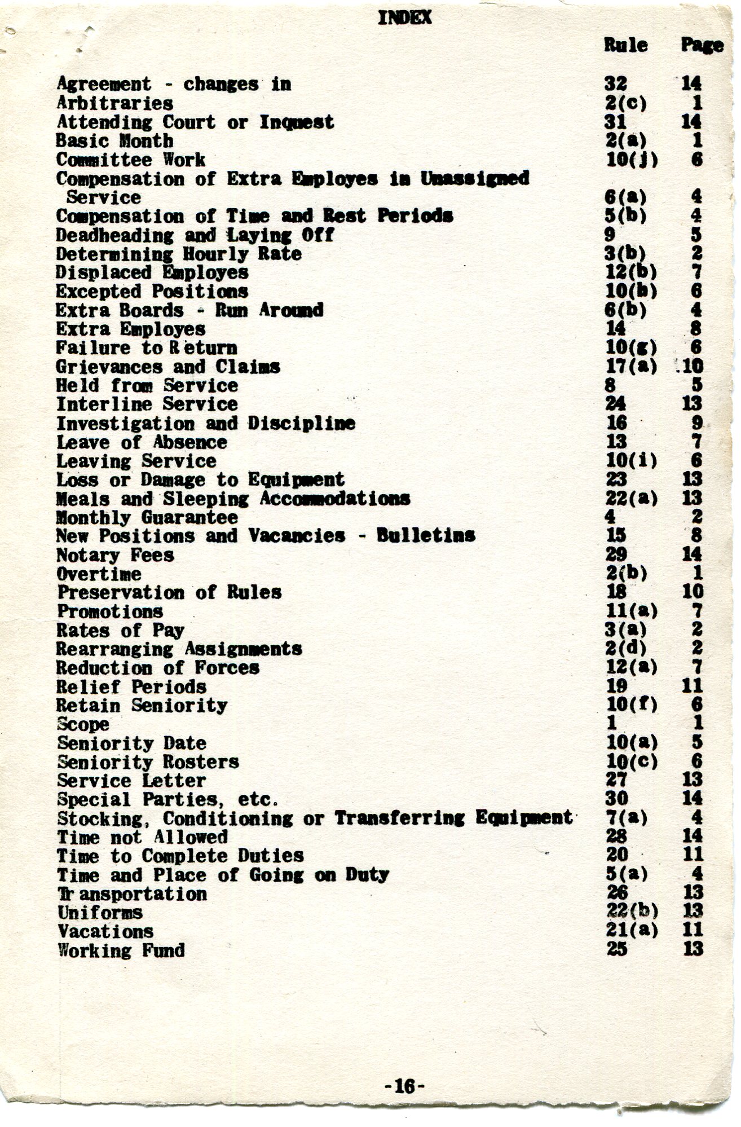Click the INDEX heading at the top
[404, 18]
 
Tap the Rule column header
[625, 45]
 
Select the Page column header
[702, 45]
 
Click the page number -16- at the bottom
[405, 1085]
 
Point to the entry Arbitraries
[115, 103]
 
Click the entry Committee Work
[131, 160]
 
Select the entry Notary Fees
[115, 555]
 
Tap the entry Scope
[83, 724]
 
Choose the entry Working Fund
[121, 950]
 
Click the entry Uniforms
[100, 913]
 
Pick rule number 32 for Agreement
[615, 84]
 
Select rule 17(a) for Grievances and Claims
[632, 367]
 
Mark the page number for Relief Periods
[693, 686]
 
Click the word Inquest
[297, 122]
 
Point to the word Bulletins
[426, 535]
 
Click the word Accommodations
[335, 499]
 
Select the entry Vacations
[105, 931]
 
